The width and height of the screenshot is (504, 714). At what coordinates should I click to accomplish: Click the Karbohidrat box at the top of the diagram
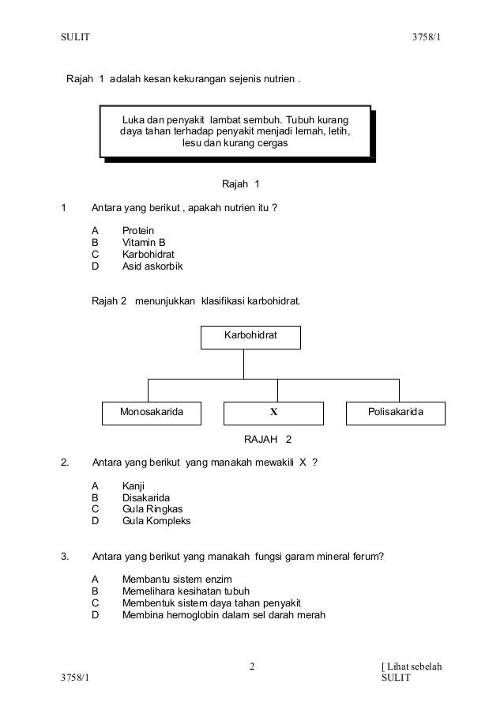251,336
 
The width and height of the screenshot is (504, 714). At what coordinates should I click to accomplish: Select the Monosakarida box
151,413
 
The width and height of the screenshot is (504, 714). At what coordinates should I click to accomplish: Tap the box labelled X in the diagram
274,413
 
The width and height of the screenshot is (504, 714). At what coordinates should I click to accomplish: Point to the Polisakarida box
395,413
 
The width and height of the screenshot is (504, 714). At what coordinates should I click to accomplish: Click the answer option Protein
138,230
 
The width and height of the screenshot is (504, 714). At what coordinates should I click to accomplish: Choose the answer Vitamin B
144,242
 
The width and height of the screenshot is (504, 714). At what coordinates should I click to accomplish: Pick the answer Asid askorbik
152,266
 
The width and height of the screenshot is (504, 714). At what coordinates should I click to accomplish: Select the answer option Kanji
134,485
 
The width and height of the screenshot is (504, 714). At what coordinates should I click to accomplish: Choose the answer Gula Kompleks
156,521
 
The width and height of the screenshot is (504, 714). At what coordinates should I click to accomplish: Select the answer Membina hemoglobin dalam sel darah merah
224,615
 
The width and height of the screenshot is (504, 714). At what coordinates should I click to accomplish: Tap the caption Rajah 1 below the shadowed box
241,184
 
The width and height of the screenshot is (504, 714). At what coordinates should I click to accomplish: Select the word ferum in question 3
367,556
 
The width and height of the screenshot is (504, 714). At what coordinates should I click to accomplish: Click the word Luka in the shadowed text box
134,119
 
